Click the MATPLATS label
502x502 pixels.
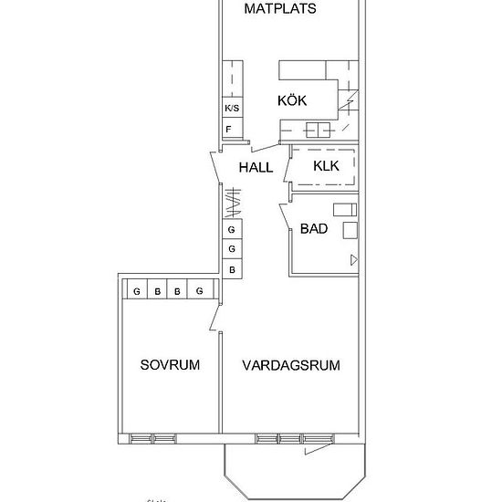point(280,10)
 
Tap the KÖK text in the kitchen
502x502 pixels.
point(292,101)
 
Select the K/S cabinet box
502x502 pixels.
point(232,109)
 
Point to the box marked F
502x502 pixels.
point(229,130)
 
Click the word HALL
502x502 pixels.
point(256,168)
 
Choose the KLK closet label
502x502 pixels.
point(326,166)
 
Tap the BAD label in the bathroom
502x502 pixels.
point(315,228)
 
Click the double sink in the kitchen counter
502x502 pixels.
point(319,129)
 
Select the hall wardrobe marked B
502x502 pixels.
point(232,270)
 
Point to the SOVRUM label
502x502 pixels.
point(170,365)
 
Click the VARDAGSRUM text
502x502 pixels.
point(291,365)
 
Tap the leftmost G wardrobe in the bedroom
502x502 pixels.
point(136,291)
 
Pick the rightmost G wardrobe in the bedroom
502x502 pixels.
point(199,291)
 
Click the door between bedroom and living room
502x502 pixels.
point(214,318)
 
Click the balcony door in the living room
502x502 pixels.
point(316,448)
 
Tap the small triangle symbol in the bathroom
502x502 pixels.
point(352,260)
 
